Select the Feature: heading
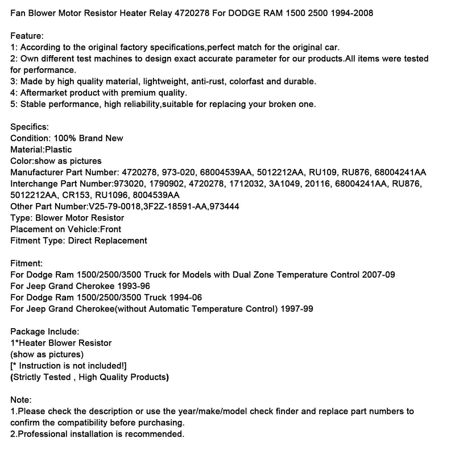point(27,36)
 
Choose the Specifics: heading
point(30,127)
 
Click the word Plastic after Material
point(59,150)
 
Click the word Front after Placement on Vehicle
point(110,229)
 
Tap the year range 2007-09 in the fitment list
point(378,275)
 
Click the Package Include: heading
point(44,332)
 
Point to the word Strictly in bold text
point(28,377)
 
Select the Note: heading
point(21,400)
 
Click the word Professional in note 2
point(42,434)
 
